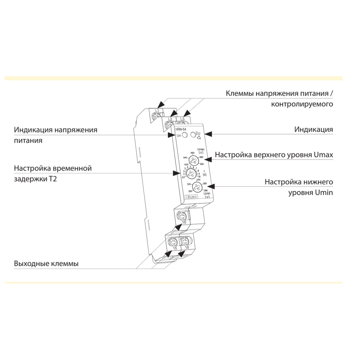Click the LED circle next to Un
[x=185, y=135]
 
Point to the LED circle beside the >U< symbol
[x=193, y=134]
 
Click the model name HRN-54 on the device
[x=181, y=130]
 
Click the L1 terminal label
[x=157, y=111]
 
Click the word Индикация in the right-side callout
[x=313, y=130]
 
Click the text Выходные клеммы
[x=46, y=264]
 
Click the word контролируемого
[x=302, y=104]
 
